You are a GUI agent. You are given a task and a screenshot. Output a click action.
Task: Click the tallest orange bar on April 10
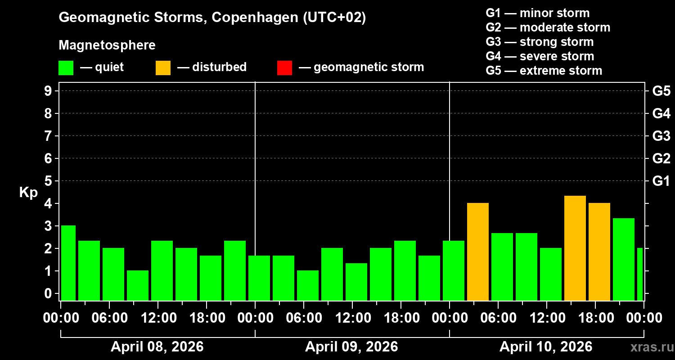[575, 248]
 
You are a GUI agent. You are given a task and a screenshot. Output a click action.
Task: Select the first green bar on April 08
[68, 263]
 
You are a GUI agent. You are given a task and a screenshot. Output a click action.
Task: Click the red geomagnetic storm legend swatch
[284, 68]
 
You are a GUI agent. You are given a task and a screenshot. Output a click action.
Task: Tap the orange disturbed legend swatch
[163, 68]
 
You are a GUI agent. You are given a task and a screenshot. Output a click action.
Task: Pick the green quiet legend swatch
[66, 68]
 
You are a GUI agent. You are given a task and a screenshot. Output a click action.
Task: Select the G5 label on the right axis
[661, 91]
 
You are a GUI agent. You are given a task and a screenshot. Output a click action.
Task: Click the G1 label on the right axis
[661, 181]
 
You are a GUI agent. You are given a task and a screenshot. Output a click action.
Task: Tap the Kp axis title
[28, 193]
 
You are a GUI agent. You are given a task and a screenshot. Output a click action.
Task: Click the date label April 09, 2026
[351, 346]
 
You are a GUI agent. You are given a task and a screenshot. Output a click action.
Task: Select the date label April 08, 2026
[157, 346]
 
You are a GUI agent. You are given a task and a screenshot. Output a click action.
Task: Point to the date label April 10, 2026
[546, 346]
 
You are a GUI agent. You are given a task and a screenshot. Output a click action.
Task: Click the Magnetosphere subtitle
[107, 45]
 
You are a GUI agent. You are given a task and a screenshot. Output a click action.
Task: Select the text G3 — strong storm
[540, 42]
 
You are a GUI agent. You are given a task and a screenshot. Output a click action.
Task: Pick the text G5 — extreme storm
[544, 71]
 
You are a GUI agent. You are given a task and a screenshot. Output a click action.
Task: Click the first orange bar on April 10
[478, 252]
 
